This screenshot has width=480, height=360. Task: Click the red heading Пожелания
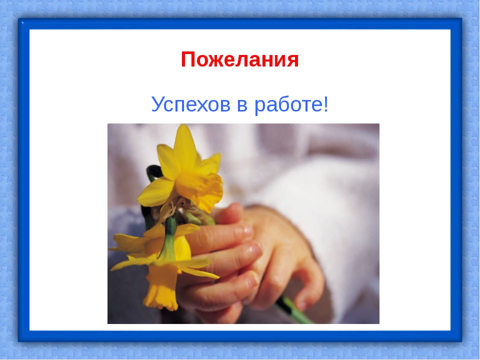click(x=239, y=59)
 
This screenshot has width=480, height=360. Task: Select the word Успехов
click(x=190, y=104)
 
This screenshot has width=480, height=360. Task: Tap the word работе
click(x=287, y=104)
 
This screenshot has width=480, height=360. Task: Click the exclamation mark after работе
click(x=325, y=104)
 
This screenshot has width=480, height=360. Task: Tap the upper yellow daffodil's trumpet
click(x=200, y=190)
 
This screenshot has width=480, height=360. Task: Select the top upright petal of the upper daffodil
click(x=185, y=144)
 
